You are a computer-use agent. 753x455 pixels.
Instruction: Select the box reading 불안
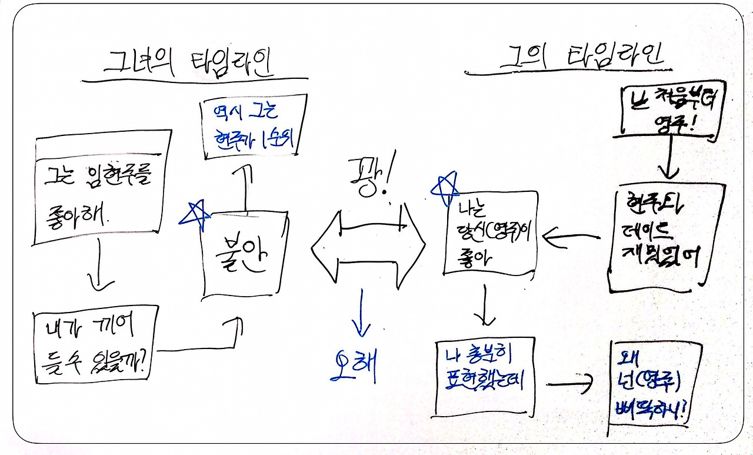245,255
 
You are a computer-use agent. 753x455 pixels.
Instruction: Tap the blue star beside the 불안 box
194,214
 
